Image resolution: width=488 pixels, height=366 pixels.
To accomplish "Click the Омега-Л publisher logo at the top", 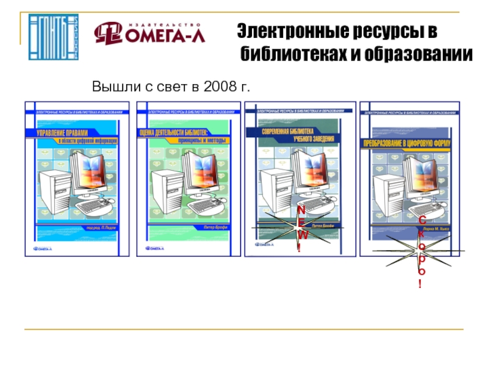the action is tap(149, 33).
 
